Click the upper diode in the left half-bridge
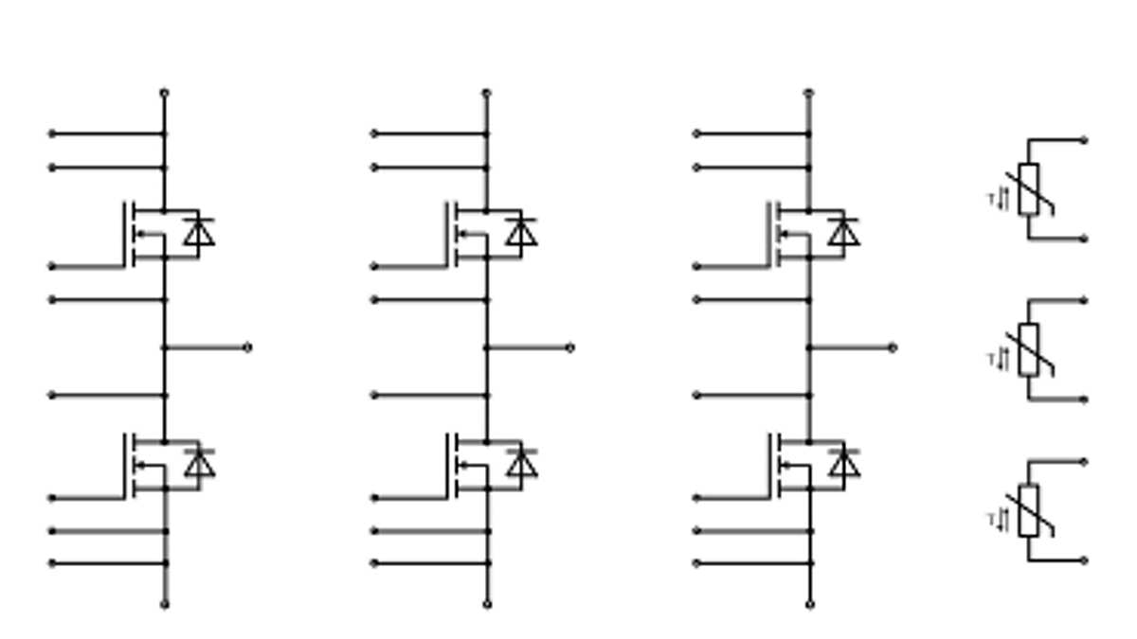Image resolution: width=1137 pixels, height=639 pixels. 199,232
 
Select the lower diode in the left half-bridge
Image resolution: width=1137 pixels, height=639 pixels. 199,463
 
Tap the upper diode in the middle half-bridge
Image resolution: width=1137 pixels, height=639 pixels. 521,232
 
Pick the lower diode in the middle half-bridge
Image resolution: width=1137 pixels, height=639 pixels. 521,463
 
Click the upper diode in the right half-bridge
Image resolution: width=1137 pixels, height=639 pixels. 843,232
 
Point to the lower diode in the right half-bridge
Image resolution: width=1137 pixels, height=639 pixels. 843,463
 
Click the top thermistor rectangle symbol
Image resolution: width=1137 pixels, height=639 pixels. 1028,188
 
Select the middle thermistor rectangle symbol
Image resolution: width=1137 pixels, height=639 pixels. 1028,349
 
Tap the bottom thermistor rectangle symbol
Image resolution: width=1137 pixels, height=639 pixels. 1028,510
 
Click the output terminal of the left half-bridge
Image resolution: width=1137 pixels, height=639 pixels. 247,347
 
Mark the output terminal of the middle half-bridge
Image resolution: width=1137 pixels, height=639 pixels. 569,347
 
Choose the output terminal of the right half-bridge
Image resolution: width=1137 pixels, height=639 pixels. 892,347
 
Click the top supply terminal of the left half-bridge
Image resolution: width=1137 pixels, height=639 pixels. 164,93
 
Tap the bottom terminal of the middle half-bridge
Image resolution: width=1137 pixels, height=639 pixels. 487,603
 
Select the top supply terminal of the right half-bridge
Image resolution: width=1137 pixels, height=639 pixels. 808,93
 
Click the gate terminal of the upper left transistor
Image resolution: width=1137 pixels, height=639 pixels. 52,266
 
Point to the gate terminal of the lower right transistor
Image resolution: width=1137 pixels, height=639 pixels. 696,497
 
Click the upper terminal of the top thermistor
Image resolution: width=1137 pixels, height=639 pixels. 1084,140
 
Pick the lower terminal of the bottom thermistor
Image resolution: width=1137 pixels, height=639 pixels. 1084,560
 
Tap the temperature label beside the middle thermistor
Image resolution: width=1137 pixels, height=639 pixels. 998,360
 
